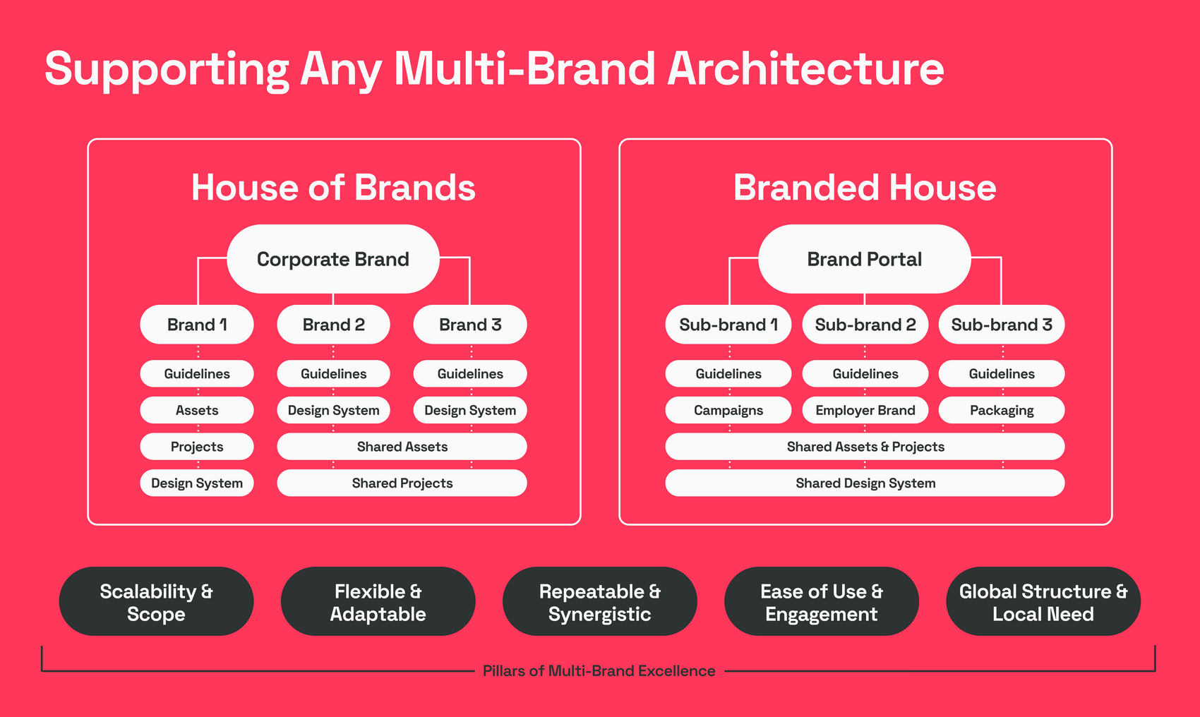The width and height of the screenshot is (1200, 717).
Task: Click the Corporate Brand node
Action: coord(332,258)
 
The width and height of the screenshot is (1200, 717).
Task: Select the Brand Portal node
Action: coord(864,258)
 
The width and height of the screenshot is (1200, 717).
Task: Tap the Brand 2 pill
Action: coord(333,325)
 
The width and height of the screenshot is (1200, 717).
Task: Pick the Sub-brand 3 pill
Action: coord(1001,325)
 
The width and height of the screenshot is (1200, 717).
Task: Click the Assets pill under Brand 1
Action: coord(197,410)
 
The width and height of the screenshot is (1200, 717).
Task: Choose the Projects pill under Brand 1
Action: coord(197,447)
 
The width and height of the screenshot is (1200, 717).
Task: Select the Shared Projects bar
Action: coord(402,483)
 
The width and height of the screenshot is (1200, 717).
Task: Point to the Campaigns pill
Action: coord(728,410)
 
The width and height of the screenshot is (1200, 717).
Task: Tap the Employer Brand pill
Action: coord(865,410)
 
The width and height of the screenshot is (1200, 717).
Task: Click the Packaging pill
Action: coord(1001,410)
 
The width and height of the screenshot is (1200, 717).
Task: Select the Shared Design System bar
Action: coord(865,483)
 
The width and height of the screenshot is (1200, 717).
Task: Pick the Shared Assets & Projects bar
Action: coord(865,447)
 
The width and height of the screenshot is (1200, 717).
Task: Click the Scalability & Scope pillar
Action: coord(157,601)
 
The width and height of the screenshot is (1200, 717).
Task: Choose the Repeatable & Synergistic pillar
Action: coord(599,601)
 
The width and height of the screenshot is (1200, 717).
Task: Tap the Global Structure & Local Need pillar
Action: coord(1043,601)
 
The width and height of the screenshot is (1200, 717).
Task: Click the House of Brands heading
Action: coord(333,188)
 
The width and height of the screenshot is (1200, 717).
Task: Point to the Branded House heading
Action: coord(865,188)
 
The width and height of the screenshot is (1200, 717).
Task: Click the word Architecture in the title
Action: coord(805,68)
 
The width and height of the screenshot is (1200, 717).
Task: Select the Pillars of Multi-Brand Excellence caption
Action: coord(599,671)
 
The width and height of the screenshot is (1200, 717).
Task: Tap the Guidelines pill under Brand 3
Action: coord(470,374)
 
